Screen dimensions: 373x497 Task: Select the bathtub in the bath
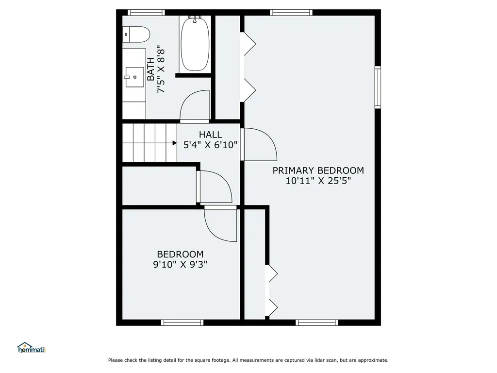[195, 44]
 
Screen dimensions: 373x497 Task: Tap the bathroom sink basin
[134, 77]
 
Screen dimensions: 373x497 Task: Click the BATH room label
[151, 69]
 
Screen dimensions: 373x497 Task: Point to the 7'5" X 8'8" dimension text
[162, 69]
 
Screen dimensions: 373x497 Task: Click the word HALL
[210, 135]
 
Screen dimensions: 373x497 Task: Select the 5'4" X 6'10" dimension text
[210, 144]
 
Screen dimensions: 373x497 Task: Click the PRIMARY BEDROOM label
[318, 170]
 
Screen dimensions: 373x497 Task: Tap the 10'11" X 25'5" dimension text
[318, 181]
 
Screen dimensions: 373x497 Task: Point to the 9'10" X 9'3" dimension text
[180, 264]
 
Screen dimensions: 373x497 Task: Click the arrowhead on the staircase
[174, 143]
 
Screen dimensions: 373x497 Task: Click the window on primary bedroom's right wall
[378, 87]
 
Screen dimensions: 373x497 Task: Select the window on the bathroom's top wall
[146, 13]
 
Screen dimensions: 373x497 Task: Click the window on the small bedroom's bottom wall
[182, 322]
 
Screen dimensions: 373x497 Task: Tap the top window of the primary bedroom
[291, 13]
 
